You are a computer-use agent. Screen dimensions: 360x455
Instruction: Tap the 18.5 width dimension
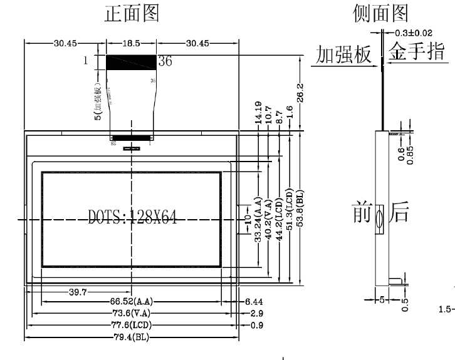click(x=131, y=43)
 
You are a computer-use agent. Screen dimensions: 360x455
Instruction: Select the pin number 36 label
click(x=165, y=61)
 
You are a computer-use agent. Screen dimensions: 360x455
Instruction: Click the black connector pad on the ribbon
click(x=131, y=61)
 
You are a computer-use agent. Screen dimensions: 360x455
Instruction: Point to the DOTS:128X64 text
click(x=132, y=218)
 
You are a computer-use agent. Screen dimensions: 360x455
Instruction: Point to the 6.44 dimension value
click(x=254, y=302)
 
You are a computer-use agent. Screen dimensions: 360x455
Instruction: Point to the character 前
click(x=363, y=214)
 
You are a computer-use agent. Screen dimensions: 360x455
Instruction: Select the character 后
click(x=399, y=214)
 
